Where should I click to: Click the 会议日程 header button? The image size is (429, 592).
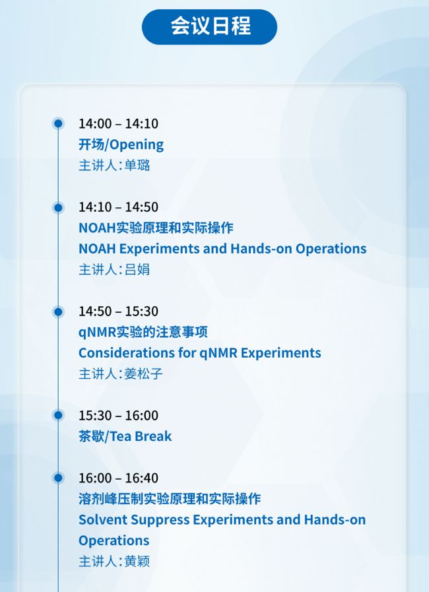210,27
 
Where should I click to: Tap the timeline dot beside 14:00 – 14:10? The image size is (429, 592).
58,123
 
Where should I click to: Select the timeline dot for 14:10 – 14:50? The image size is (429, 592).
58,207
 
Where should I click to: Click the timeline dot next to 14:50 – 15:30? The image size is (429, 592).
58,312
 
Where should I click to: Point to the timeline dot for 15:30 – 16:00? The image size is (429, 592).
58,415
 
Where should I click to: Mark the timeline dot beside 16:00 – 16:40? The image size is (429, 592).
58,478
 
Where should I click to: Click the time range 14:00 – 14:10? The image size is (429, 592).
118,123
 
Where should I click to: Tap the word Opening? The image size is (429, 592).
137,145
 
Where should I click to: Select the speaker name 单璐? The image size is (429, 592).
137,166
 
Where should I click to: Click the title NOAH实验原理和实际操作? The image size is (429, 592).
156,228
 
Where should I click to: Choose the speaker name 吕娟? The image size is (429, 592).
137,269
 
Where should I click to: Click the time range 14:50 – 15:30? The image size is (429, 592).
118,311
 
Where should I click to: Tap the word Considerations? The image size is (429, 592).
126,353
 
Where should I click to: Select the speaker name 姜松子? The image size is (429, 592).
143,374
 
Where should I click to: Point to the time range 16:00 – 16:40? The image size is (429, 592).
118,478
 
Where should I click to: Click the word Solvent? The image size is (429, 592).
103,520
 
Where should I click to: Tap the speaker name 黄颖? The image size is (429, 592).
137,562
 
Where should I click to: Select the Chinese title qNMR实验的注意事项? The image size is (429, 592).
143,332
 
